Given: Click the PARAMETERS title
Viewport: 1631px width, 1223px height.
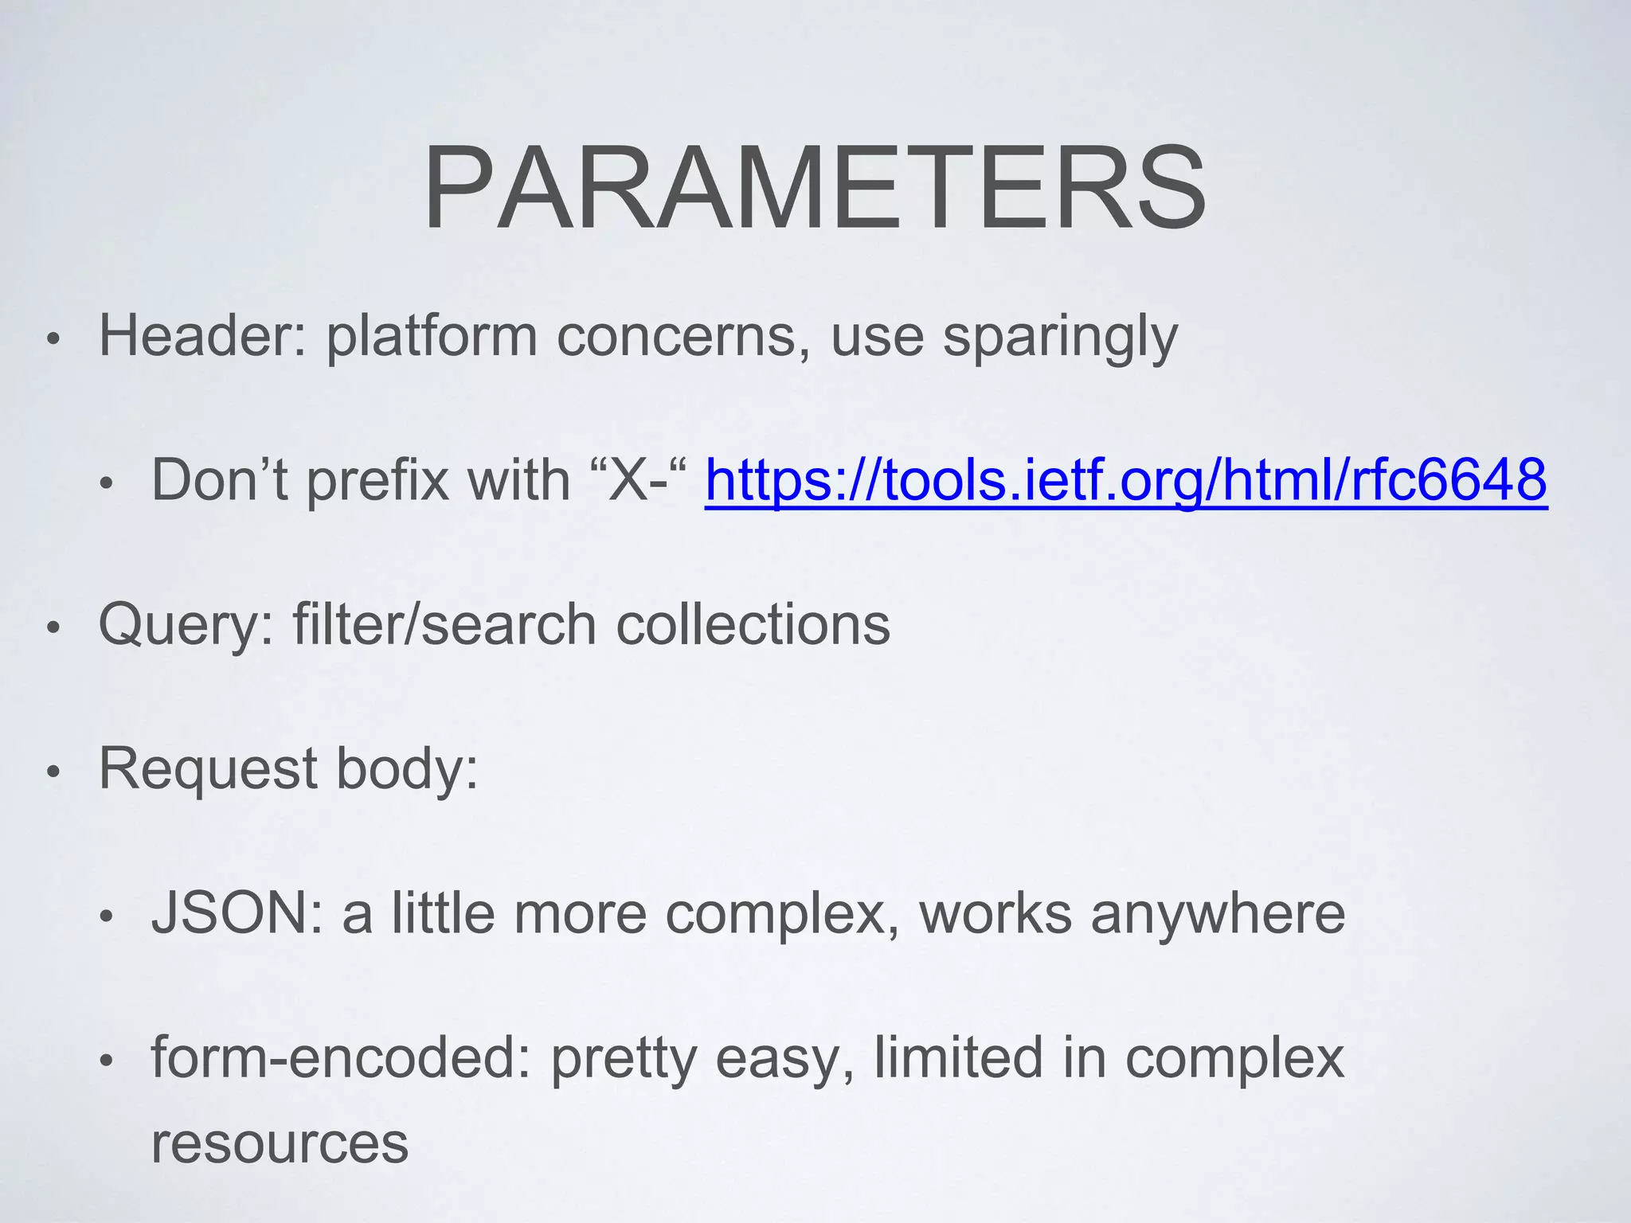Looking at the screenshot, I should click(815, 189).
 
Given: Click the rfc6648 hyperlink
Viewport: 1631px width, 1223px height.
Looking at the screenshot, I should click(1125, 480).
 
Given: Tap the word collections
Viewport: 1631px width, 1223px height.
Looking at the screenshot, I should click(753, 624).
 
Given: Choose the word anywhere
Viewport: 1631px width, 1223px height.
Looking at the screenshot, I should click(1218, 915).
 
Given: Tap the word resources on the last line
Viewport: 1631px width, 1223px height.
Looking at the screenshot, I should click(280, 1143).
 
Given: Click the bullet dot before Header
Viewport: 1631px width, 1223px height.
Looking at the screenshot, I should click(53, 340).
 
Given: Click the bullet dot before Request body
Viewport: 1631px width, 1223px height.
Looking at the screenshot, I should click(53, 773).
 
